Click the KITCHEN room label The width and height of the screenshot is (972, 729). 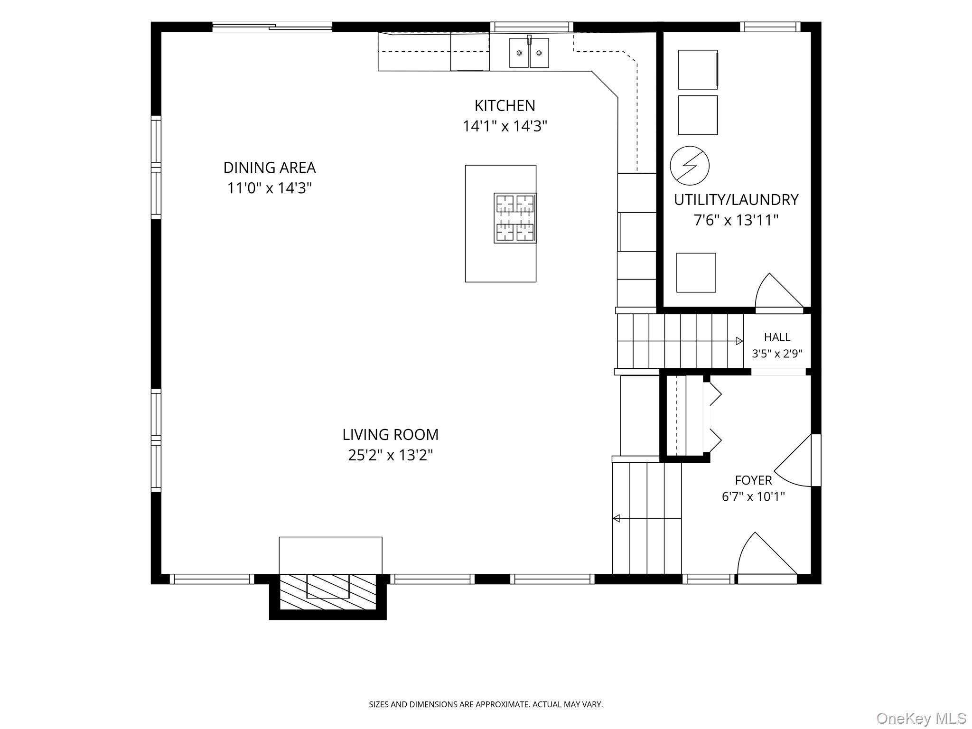click(505, 105)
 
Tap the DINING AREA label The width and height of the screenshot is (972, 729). click(270, 168)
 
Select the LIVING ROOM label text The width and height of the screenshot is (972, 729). click(391, 435)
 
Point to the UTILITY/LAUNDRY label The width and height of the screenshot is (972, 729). click(736, 200)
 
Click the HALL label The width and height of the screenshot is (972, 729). click(777, 337)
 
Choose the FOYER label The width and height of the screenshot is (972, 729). click(754, 480)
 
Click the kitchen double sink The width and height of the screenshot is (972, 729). click(529, 52)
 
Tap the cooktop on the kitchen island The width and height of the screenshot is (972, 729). click(515, 218)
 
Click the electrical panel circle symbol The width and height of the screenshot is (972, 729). click(690, 166)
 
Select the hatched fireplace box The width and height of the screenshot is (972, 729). click(328, 592)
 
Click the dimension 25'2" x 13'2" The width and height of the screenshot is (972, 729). click(391, 456)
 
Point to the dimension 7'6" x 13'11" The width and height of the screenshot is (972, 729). click(736, 220)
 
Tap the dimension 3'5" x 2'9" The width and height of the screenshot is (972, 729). click(777, 354)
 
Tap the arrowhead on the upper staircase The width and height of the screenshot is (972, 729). click(739, 341)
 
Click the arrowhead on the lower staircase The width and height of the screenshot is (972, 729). click(616, 518)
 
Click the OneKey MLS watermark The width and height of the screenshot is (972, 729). click(921, 718)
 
